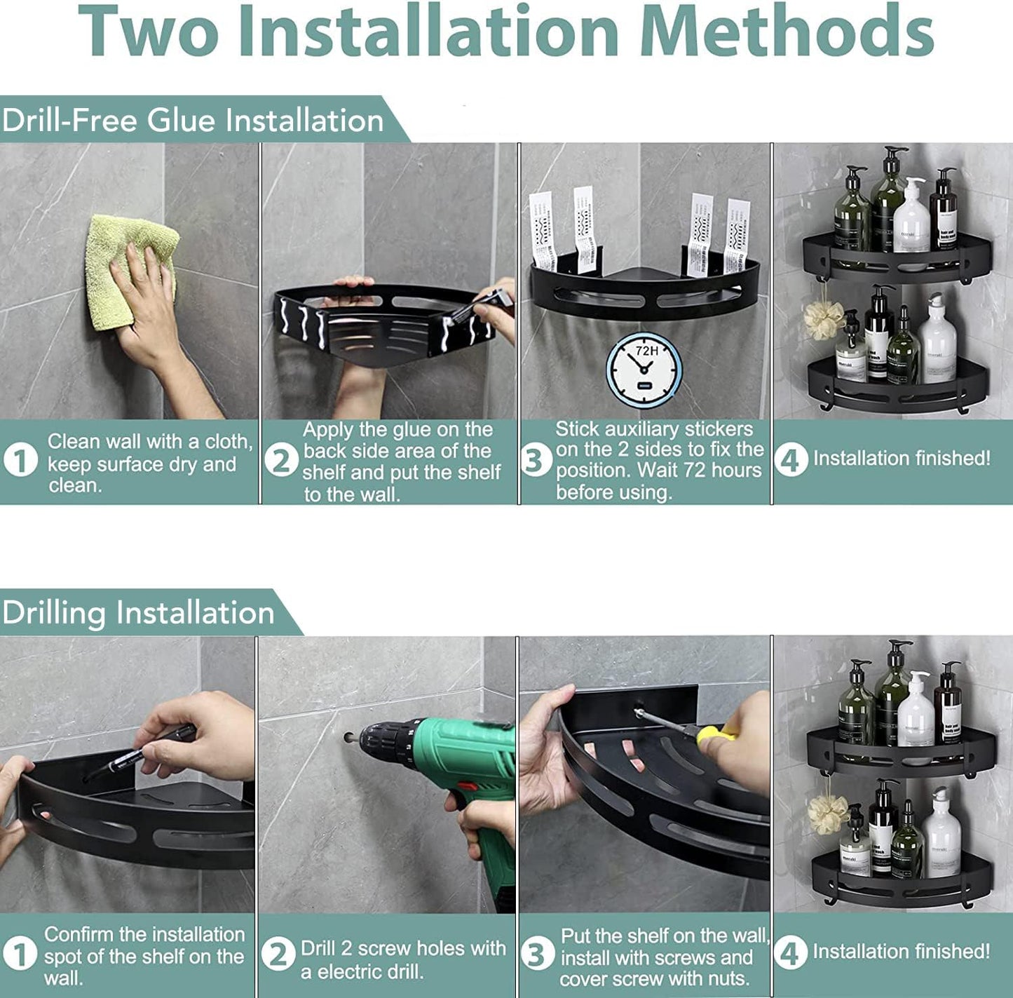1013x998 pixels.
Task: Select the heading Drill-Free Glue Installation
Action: point(192,121)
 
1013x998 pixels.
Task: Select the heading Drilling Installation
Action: point(137,613)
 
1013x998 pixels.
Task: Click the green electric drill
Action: point(452,789)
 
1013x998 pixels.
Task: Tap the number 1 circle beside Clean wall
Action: point(21,461)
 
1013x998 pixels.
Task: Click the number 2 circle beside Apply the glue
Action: point(281,461)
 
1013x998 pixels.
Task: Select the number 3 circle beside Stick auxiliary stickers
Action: point(536,461)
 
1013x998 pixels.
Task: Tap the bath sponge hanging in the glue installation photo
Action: point(824,319)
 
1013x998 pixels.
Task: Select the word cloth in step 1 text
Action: point(229,441)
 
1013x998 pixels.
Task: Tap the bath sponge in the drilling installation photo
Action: point(828,814)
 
